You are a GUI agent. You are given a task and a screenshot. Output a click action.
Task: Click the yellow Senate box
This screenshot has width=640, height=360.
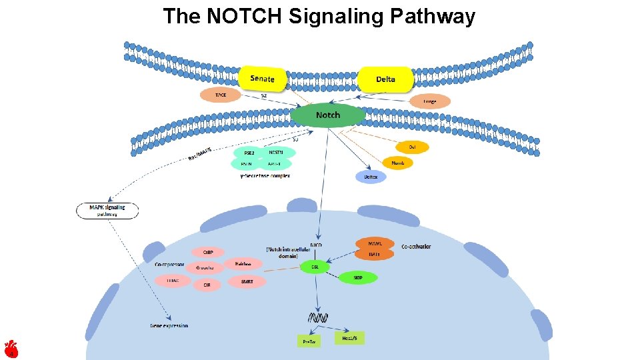(262, 79)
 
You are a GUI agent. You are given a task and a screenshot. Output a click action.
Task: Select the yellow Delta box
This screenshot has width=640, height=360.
(385, 79)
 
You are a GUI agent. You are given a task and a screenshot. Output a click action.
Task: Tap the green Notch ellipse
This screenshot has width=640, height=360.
(328, 115)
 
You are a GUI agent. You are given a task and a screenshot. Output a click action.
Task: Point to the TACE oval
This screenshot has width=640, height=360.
(221, 95)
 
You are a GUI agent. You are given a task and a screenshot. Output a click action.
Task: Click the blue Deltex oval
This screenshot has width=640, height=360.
(371, 177)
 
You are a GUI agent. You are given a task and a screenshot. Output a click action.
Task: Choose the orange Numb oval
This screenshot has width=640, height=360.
(397, 162)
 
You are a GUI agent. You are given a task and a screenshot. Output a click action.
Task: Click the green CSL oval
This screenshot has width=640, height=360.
(315, 267)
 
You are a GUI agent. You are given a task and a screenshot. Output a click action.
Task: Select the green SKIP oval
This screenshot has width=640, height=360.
(357, 277)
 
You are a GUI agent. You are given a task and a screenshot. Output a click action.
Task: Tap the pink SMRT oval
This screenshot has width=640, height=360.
(246, 282)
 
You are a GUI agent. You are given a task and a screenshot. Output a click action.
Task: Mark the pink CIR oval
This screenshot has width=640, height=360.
(207, 285)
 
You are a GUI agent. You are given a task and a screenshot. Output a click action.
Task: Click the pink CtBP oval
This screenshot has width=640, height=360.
(208, 252)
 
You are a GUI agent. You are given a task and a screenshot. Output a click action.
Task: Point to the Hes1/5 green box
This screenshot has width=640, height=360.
(349, 338)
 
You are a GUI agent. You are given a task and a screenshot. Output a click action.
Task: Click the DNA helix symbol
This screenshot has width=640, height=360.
(317, 317)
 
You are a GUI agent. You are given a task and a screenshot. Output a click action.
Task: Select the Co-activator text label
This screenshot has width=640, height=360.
(416, 247)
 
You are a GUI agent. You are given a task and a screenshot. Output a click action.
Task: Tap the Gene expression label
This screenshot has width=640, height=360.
(169, 326)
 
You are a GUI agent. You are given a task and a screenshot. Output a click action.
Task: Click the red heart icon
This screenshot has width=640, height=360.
(11, 349)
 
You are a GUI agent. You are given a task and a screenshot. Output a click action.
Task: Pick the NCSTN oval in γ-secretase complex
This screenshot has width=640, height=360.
(276, 152)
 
